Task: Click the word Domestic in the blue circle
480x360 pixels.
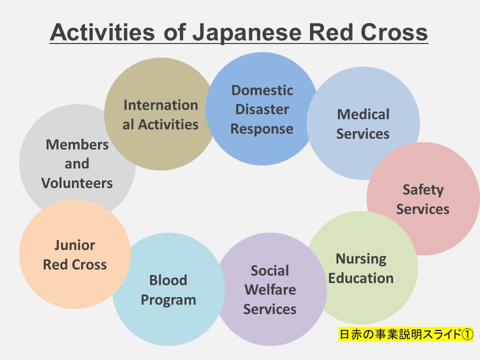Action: [262, 90]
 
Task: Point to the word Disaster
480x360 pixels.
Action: [262, 109]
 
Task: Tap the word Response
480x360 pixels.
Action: [262, 128]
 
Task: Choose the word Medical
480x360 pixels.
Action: [363, 114]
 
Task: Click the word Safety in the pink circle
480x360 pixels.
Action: [423, 190]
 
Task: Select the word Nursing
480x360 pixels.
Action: [361, 259]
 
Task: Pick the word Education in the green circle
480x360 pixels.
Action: [361, 278]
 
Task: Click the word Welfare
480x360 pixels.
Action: [270, 290]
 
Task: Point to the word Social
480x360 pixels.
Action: [270, 271]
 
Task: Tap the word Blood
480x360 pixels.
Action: [168, 280]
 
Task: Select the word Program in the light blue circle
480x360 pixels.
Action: [168, 300]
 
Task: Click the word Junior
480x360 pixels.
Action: [74, 245]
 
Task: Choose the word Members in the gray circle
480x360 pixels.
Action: [77, 145]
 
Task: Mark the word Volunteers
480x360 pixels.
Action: [77, 183]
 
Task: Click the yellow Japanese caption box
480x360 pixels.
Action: [405, 334]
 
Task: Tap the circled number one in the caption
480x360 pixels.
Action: [466, 334]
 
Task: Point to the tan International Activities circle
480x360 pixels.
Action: [160, 114]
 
